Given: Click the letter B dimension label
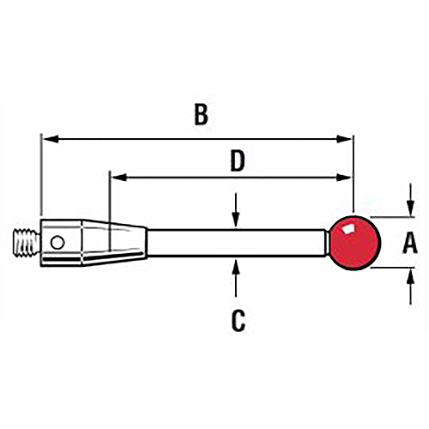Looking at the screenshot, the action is pos(201,115).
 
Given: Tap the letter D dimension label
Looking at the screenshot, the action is pos(238,161).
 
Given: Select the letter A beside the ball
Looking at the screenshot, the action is pos(410,243).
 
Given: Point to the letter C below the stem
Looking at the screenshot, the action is pos(238,321).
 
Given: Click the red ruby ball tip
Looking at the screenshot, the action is pos(355,243).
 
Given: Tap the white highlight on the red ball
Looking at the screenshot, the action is pos(348,229).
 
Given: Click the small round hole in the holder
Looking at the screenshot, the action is pos(57,243).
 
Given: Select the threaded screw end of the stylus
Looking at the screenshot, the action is pos(27,243).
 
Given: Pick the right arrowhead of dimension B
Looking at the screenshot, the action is pos(344,139).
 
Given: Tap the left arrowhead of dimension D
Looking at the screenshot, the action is pos(118,178).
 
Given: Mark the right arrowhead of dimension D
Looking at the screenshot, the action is pos(343,178).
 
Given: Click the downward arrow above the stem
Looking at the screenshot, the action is pos(235,211).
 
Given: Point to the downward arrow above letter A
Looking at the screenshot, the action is pos(411,200).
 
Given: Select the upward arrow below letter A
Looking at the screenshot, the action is pos(411,287).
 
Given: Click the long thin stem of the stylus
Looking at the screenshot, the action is pos(236,243).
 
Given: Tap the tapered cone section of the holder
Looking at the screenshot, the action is pos(115,243).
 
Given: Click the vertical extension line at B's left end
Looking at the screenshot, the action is pos(41,174).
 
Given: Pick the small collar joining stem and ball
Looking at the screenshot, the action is pos(328,243).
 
